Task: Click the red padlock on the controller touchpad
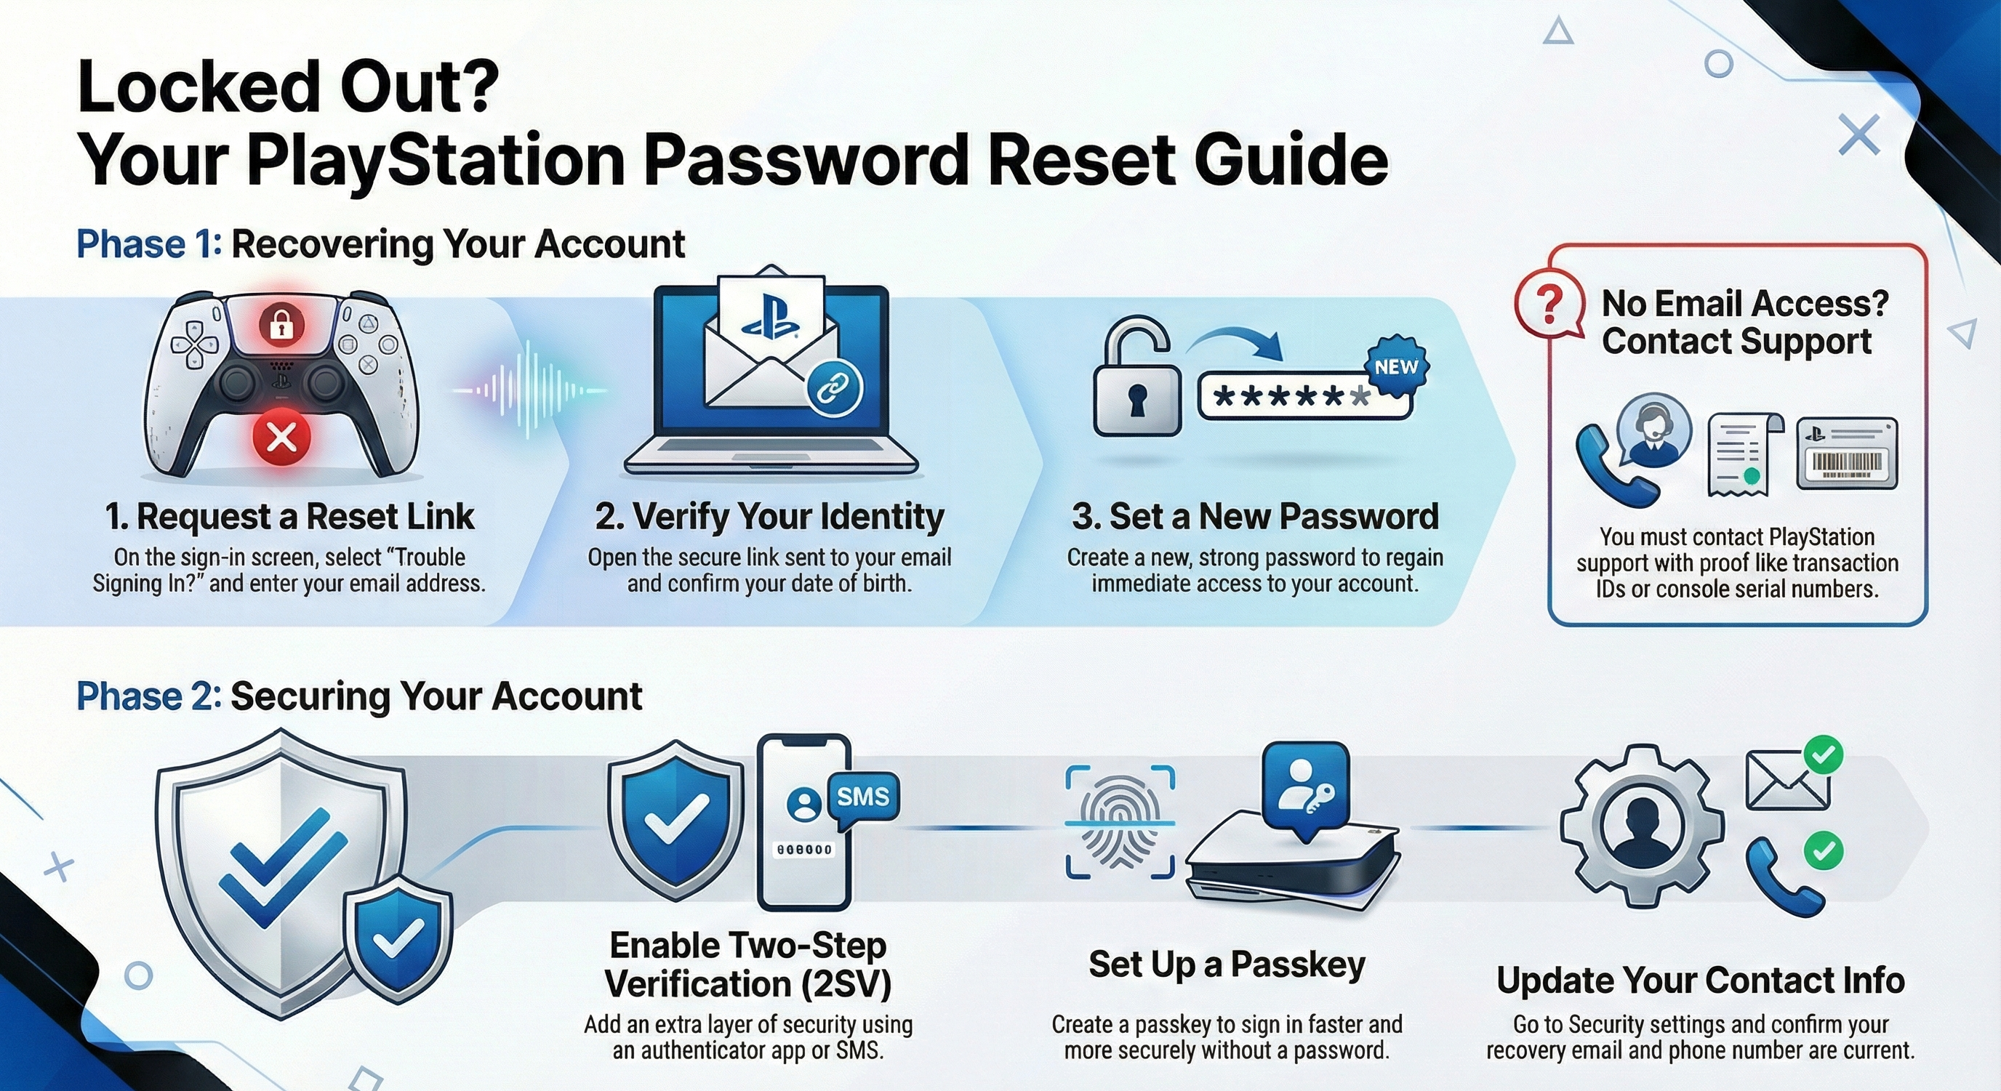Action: [281, 325]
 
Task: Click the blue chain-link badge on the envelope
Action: [835, 387]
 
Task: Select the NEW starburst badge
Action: [1397, 367]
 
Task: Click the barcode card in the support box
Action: [1847, 454]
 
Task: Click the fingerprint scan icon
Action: [1119, 822]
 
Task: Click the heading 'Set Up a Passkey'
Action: [1227, 965]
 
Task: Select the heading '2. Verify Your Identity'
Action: [770, 516]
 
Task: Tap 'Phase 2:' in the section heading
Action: [149, 696]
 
